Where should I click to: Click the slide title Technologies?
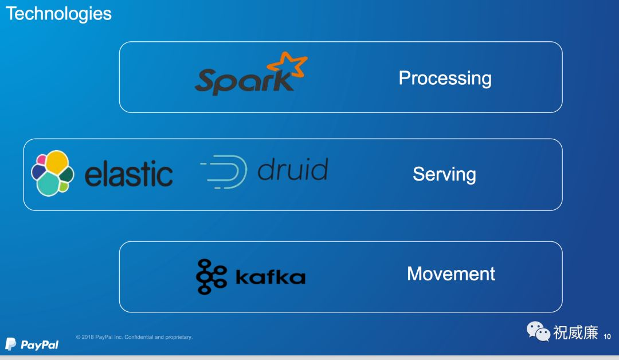click(58, 13)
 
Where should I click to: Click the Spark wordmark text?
click(244, 81)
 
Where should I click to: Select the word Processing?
click(445, 78)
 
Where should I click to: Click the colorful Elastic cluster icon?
click(52, 173)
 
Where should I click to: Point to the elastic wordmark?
click(128, 174)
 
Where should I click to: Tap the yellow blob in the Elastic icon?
click(57, 163)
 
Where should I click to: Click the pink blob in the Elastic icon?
click(41, 160)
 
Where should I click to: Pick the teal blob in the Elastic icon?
click(48, 184)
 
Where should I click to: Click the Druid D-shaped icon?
click(225, 171)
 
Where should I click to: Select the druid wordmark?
click(292, 170)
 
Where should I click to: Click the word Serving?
click(444, 174)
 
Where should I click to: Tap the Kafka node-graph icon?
click(211, 277)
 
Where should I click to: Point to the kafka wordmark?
click(270, 277)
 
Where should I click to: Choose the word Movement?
click(450, 273)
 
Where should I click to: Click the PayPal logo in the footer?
click(32, 344)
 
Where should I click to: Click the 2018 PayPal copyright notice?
click(134, 337)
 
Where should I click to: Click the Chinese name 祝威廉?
click(575, 332)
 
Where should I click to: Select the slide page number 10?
click(608, 336)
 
